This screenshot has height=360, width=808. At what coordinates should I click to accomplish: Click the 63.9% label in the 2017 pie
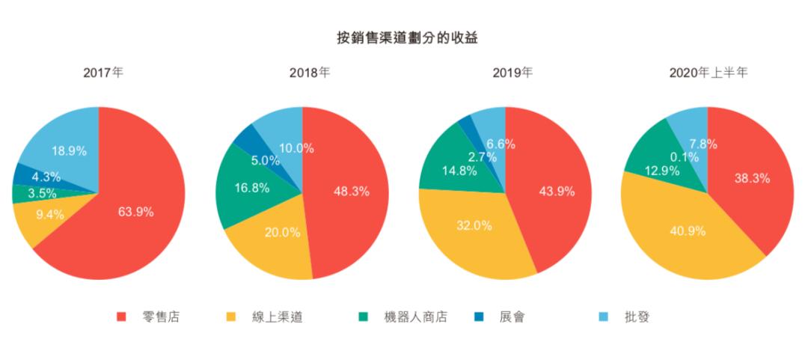coord(135,212)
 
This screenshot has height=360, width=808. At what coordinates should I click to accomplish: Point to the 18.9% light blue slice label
coord(69,150)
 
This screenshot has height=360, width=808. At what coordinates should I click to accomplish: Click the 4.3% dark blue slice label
coord(46,177)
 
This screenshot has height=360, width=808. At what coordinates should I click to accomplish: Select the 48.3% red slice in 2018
coord(351,192)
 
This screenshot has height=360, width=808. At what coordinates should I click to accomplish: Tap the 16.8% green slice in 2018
coord(251,188)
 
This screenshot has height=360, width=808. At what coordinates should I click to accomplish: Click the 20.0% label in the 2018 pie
coord(282,232)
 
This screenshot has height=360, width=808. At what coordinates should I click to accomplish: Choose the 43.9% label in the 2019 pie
coord(557,192)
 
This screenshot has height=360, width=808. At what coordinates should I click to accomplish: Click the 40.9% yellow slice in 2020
coord(688,231)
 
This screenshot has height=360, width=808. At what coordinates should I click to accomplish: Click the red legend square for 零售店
coord(121,317)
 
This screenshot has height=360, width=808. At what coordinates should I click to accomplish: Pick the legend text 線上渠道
coord(278,317)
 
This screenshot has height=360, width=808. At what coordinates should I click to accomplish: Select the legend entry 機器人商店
coord(415,317)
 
